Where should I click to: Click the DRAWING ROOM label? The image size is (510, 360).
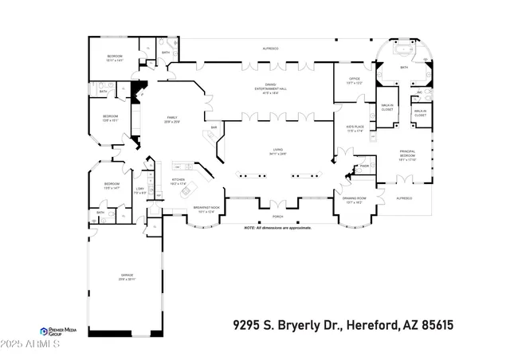[x=354, y=199]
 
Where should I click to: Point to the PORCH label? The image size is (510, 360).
[x=277, y=216]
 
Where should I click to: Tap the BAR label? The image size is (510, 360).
[x=214, y=127]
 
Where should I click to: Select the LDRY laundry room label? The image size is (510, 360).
[x=139, y=190]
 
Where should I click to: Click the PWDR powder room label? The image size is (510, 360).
[x=363, y=166]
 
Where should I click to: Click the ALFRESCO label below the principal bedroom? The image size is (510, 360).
[x=405, y=198]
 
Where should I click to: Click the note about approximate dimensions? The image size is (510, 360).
[x=277, y=228]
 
